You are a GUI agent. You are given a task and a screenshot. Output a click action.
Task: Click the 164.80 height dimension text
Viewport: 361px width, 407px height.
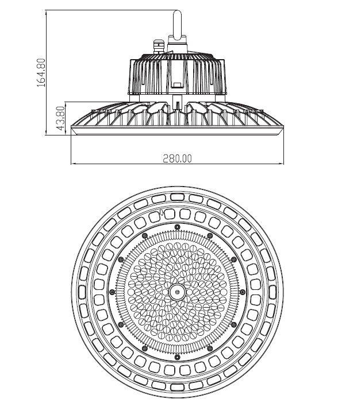(x=41, y=73)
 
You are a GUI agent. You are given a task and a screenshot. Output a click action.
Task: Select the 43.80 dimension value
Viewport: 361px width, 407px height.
(x=60, y=118)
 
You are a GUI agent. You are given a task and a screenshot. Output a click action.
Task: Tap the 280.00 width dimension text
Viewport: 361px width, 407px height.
(x=177, y=158)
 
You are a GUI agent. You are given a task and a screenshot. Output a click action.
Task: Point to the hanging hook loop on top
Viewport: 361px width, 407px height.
(x=178, y=25)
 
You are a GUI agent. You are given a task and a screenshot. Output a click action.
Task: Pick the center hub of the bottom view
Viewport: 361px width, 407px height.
(x=177, y=292)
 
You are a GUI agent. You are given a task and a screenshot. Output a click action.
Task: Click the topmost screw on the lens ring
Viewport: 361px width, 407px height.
(x=177, y=227)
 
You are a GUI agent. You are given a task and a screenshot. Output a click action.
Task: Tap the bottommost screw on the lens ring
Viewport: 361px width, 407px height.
(x=177, y=358)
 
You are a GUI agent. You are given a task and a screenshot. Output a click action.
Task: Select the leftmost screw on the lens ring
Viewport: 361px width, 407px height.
(x=112, y=292)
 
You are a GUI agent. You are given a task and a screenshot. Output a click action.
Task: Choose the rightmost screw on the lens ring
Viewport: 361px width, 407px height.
(x=243, y=292)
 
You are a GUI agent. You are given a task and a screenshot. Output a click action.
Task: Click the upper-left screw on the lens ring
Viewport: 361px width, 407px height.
(x=145, y=236)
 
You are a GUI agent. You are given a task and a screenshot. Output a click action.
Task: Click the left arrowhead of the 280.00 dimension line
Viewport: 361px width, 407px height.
(x=74, y=164)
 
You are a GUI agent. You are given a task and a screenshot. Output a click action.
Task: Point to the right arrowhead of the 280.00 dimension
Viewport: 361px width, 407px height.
(x=281, y=164)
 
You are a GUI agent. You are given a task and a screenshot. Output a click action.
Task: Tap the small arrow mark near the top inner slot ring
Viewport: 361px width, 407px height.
(x=162, y=212)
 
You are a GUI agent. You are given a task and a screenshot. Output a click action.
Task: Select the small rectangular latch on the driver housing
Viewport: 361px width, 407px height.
(x=178, y=85)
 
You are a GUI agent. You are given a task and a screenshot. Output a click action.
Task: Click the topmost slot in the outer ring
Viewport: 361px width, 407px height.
(x=177, y=197)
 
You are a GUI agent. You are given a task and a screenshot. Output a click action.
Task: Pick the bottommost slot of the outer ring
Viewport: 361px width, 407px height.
(x=177, y=387)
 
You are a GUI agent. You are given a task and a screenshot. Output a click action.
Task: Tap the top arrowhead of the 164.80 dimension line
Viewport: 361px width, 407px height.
(x=46, y=13)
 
